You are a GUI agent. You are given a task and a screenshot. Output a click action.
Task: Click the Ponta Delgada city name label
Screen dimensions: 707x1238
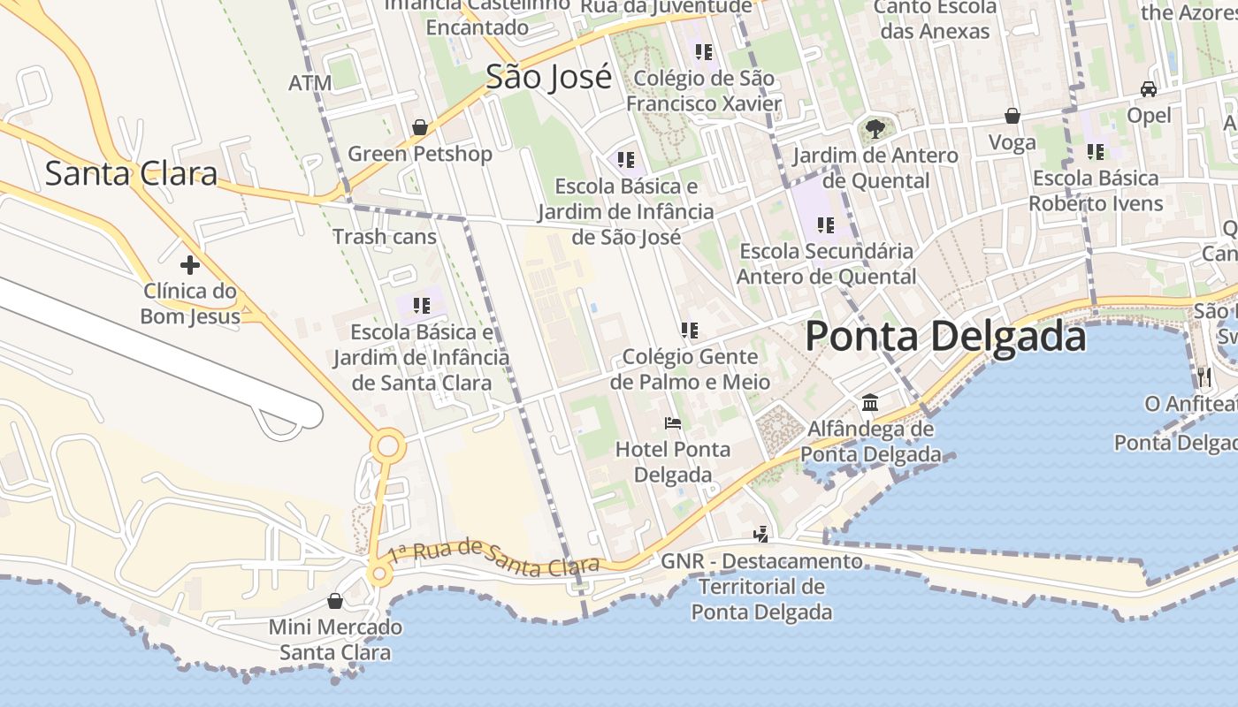[945, 337]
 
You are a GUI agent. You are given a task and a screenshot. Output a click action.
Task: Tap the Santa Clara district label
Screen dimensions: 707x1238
[131, 173]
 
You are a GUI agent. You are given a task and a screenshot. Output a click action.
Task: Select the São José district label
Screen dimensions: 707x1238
[548, 78]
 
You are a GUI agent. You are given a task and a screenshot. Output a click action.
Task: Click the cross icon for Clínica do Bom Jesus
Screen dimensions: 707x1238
[189, 264]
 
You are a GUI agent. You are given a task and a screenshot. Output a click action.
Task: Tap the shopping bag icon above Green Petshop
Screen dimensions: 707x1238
[420, 127]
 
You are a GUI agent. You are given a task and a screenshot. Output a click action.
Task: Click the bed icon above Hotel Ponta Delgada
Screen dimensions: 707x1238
[673, 423]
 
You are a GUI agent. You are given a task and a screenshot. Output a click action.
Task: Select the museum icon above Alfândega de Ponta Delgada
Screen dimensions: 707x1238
[870, 403]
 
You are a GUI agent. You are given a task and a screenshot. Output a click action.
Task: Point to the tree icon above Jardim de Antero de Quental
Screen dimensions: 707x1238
[875, 129]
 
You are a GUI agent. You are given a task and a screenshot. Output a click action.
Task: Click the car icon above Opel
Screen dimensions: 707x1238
[1149, 89]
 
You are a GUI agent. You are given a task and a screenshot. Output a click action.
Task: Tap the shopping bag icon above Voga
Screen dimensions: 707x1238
[1013, 116]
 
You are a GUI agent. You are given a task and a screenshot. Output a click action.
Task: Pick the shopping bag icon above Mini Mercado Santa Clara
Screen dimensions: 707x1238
[335, 602]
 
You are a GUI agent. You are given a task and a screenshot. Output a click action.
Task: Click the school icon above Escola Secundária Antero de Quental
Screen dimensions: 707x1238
[826, 224]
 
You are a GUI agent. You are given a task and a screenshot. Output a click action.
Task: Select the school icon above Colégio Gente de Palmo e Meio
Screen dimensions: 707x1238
[690, 331]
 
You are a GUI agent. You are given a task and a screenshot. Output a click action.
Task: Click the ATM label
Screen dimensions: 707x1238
[310, 83]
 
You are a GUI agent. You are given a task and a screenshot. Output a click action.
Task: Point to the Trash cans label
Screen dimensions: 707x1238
[385, 236]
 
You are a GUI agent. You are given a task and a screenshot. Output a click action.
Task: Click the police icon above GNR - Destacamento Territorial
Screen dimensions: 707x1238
[760, 534]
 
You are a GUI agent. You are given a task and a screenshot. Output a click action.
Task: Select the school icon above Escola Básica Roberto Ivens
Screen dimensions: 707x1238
[1096, 152]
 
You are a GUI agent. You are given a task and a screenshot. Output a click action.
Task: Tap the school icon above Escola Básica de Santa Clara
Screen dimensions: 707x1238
[421, 306]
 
